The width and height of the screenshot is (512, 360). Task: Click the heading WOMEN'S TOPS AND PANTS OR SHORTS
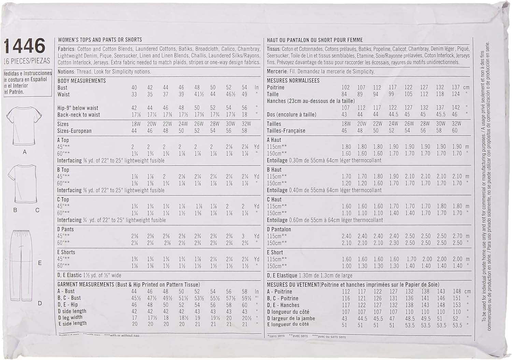(x=100, y=40)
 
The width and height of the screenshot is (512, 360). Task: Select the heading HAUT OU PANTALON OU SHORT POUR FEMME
(x=315, y=40)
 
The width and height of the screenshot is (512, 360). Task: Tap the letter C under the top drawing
(x=38, y=211)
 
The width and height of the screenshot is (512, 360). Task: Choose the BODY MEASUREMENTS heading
(x=82, y=81)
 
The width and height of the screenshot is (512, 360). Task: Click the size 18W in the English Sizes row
(x=136, y=124)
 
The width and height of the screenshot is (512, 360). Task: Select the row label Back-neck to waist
(x=79, y=115)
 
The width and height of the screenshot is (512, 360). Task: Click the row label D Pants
(x=66, y=229)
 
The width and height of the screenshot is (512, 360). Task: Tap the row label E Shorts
(x=66, y=252)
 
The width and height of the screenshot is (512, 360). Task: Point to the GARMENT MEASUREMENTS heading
(x=86, y=285)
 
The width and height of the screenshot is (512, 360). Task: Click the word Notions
(x=66, y=72)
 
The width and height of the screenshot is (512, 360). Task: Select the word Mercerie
(x=277, y=72)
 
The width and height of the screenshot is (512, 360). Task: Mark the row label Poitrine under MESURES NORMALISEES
(x=275, y=87)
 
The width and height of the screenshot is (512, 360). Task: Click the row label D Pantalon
(x=279, y=229)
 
